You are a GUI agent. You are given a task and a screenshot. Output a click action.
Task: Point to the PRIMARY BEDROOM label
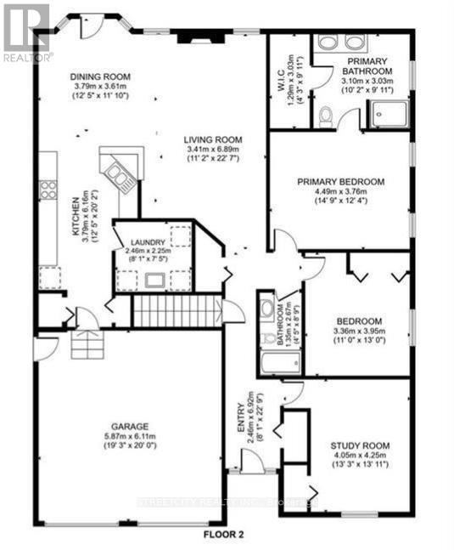pyautogui.click(x=340, y=181)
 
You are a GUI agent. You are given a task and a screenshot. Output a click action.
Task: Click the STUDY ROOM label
pyautogui.click(x=360, y=445)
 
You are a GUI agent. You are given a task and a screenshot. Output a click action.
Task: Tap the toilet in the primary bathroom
pyautogui.click(x=326, y=117)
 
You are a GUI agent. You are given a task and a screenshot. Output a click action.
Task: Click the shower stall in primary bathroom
pyautogui.click(x=387, y=114)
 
